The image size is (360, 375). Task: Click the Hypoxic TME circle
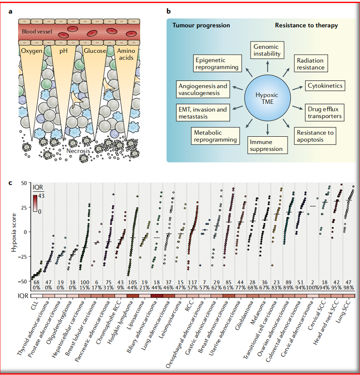click(x=267, y=98)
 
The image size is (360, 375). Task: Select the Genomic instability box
click(x=267, y=50)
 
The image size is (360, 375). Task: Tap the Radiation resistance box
click(x=310, y=63)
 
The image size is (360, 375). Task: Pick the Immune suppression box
click(x=267, y=145)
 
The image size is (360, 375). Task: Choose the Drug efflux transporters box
click(x=325, y=113)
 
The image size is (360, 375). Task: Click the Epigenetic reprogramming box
click(x=217, y=63)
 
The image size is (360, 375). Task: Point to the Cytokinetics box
click(x=325, y=86)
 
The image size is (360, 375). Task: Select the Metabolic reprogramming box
click(x=215, y=136)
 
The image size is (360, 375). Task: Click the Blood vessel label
click(x=37, y=32)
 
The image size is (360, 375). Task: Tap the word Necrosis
click(x=78, y=151)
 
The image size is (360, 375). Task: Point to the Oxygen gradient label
click(x=31, y=51)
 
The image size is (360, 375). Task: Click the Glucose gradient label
click(x=95, y=51)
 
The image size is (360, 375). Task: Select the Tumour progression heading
click(x=201, y=25)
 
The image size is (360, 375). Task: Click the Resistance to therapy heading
click(x=306, y=25)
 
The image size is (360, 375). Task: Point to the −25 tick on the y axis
click(x=22, y=257)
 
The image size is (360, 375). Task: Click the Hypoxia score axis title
click(x=14, y=232)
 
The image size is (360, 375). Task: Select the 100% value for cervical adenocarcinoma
click(x=313, y=288)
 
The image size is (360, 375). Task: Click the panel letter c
click(x=10, y=183)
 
